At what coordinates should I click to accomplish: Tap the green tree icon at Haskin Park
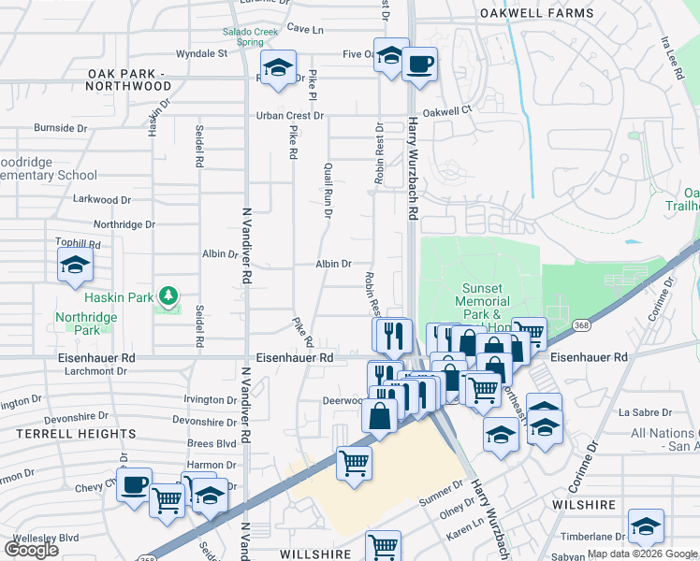168,296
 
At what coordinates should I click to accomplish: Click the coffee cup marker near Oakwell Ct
419,65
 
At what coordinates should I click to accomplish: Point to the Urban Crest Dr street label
291,116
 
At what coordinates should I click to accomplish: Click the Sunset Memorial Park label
483,302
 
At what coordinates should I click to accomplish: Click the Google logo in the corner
31,549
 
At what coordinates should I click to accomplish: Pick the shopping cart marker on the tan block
354,463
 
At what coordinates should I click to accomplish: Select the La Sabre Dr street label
645,411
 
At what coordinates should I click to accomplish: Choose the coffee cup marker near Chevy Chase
135,485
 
